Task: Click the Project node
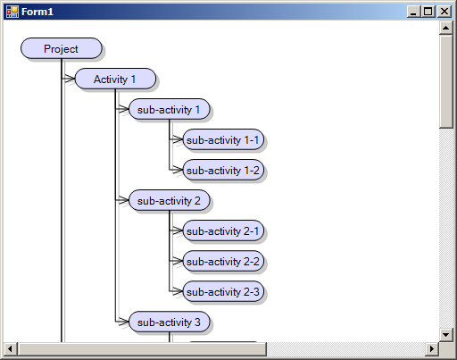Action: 62,48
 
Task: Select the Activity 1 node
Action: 115,79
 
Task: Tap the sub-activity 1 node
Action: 170,109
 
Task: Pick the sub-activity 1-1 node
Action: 223,139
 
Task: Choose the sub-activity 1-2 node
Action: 223,170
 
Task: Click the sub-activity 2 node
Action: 170,200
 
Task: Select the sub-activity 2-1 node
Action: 223,230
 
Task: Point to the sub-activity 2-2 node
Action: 223,261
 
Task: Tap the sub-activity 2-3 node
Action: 223,291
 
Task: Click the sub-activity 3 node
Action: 170,322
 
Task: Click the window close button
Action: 445,12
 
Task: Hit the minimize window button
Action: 413,12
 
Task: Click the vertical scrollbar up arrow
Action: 445,28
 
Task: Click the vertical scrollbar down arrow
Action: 445,335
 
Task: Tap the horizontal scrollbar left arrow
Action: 11,348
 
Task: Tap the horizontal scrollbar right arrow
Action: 432,348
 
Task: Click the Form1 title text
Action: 37,12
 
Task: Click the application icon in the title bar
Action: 12,12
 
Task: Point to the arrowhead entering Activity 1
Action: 70,79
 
